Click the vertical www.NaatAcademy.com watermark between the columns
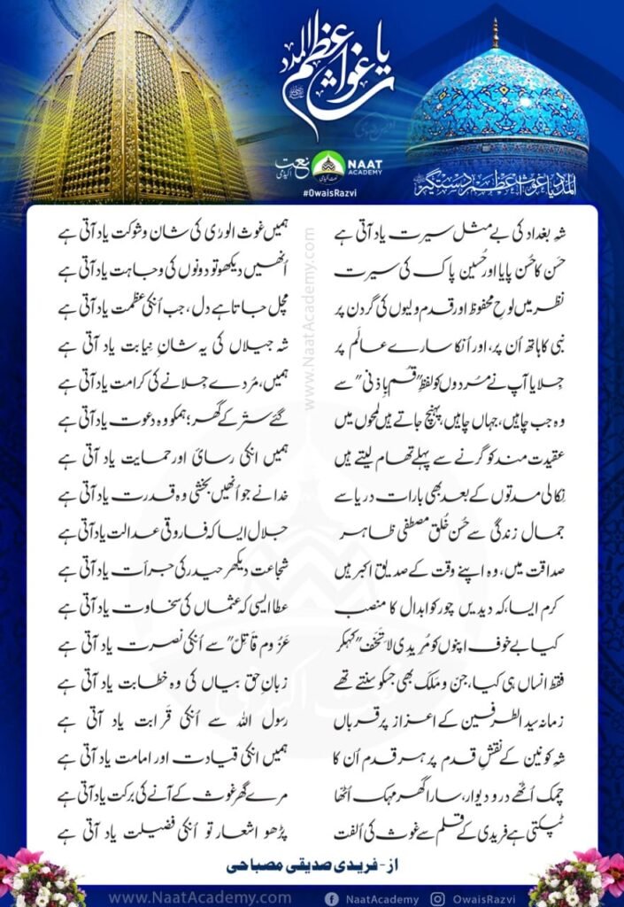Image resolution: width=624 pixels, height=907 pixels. [x=310, y=319]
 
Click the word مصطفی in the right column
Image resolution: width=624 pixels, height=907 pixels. [x=416, y=532]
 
